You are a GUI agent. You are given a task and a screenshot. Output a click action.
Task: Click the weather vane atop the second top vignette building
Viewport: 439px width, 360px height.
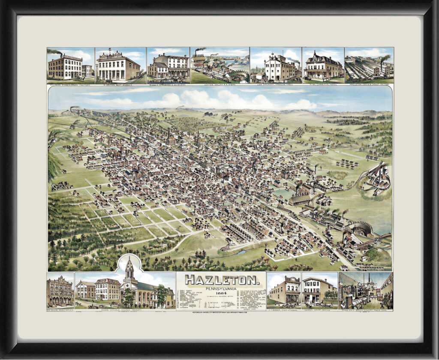(x=110, y=50)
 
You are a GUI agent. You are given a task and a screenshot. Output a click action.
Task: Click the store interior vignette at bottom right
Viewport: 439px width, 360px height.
(x=365, y=291)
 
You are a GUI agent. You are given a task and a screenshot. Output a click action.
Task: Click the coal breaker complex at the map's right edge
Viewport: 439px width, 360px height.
(x=376, y=178)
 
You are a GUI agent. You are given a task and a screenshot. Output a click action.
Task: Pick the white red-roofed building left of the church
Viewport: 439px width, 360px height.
(x=107, y=289)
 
